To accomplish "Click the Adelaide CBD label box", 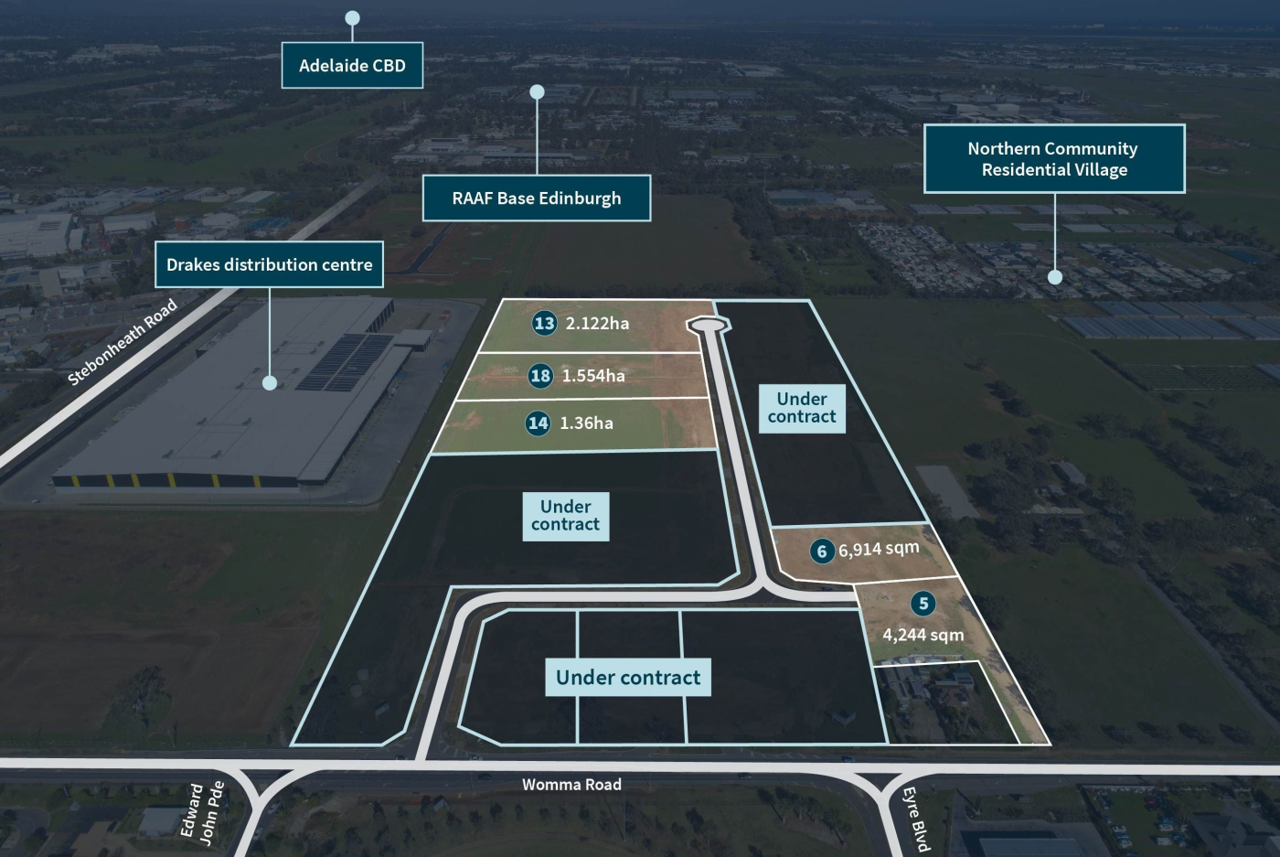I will (x=352, y=66).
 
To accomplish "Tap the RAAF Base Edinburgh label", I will (x=537, y=198).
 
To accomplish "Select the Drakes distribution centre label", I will (x=269, y=265).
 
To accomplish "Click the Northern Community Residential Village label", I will (x=1054, y=159).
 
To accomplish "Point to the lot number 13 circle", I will (x=544, y=323).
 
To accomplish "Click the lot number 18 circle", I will (x=540, y=376).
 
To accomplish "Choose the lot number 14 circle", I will (x=538, y=423).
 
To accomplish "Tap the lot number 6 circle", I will (x=822, y=551).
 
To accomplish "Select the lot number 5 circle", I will (x=923, y=604).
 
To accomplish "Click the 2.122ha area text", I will (x=597, y=324).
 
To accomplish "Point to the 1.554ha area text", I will (x=593, y=376).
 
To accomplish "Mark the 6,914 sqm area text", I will (x=879, y=549).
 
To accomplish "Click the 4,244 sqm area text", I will (x=923, y=635).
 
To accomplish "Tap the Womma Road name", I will (x=571, y=785).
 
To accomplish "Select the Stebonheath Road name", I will (x=123, y=342).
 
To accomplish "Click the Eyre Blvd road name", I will (x=916, y=819).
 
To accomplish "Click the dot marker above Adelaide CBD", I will (x=352, y=18).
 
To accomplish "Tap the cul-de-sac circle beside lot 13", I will (x=709, y=325).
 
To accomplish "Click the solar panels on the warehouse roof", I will (x=346, y=361).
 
